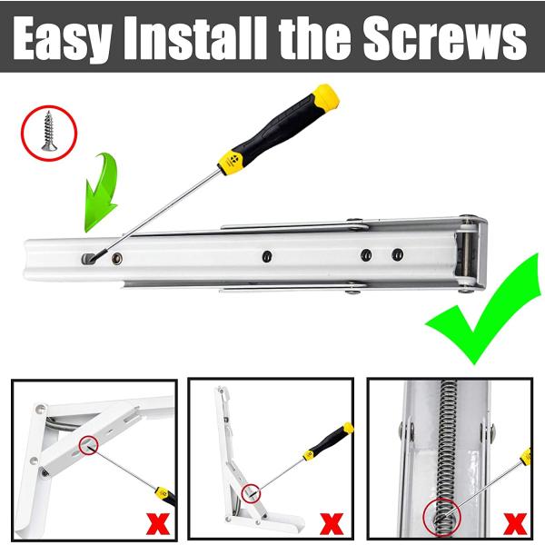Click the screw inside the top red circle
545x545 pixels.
[48, 130]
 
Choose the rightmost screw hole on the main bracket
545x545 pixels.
[397, 255]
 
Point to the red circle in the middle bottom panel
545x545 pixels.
[252, 493]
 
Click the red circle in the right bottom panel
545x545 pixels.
[443, 514]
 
